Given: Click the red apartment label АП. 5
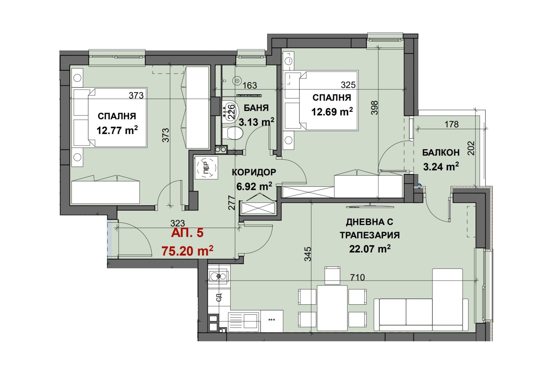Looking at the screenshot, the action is pyautogui.click(x=187, y=232).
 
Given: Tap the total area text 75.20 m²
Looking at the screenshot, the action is pyautogui.click(x=187, y=251).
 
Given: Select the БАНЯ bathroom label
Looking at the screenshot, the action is pyautogui.click(x=256, y=108).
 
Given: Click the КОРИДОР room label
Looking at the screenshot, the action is pyautogui.click(x=254, y=172).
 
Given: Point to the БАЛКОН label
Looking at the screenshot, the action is pyautogui.click(x=441, y=153).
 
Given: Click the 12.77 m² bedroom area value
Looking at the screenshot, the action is pyautogui.click(x=117, y=130).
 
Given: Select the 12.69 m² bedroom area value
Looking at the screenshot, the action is pyautogui.click(x=332, y=111).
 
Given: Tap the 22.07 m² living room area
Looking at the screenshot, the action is pyautogui.click(x=370, y=249).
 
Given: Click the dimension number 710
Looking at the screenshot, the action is pyautogui.click(x=357, y=278).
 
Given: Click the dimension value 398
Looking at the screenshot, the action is pyautogui.click(x=374, y=108).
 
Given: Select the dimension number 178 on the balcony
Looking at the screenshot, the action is pyautogui.click(x=452, y=124).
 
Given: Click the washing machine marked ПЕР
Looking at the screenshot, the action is pyautogui.click(x=206, y=167).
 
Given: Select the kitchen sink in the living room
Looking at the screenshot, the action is pyautogui.click(x=219, y=276).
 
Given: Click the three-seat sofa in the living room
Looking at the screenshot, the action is pyautogui.click(x=421, y=314).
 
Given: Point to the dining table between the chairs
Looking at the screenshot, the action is pyautogui.click(x=332, y=307).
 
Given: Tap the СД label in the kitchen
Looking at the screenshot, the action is pyautogui.click(x=219, y=297).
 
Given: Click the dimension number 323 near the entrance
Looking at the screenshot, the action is pyautogui.click(x=177, y=223).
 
